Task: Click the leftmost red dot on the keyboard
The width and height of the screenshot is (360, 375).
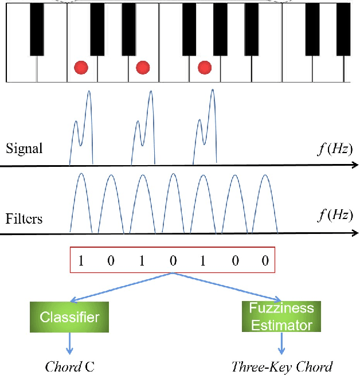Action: point(81,68)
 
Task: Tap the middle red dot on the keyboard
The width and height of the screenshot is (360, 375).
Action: point(143,68)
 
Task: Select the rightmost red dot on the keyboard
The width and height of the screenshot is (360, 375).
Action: point(205,68)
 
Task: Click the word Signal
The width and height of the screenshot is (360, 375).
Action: point(24,149)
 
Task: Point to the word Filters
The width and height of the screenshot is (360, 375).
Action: point(24,218)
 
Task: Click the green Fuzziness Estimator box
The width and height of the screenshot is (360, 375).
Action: point(281,317)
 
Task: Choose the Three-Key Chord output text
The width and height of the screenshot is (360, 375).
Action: point(281,366)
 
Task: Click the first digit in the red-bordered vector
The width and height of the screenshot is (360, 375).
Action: point(81,261)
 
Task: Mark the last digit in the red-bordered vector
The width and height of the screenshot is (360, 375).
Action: point(265,261)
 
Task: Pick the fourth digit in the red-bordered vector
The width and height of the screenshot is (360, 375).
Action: point(173,261)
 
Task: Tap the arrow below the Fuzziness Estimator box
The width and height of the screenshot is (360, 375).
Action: point(281,343)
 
